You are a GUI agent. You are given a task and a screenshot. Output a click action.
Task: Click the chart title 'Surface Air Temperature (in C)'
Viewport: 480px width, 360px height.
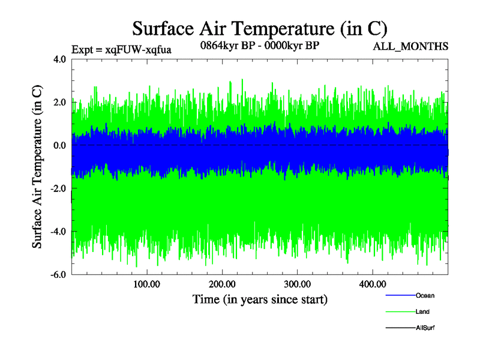[260, 28]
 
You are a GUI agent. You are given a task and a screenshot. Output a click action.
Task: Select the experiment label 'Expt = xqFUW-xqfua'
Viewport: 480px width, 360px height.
[121, 50]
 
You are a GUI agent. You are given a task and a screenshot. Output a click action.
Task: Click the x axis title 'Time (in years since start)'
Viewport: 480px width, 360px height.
[260, 299]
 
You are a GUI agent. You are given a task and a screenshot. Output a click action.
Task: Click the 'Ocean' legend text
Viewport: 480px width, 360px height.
[425, 296]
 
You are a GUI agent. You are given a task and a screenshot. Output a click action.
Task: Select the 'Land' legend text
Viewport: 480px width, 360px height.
[422, 312]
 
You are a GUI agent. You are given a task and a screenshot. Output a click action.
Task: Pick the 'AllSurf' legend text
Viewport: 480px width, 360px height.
[425, 328]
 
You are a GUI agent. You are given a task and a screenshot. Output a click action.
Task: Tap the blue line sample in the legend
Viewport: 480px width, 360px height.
[400, 296]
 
